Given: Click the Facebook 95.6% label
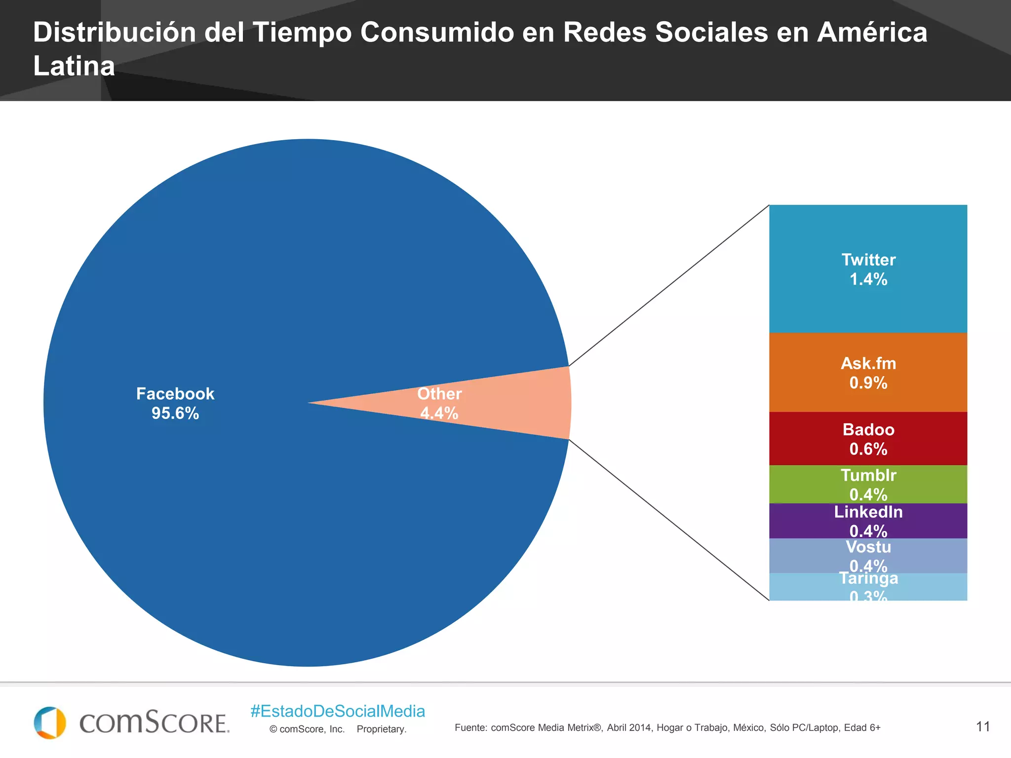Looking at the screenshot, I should click(175, 403).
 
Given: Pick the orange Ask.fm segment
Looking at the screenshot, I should click(868, 373).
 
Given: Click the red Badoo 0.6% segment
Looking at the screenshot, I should click(868, 439).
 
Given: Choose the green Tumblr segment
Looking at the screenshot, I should click(868, 484).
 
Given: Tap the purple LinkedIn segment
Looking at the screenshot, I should click(868, 521).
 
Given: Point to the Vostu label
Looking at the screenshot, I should click(868, 547).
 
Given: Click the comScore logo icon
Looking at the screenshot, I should click(50, 722).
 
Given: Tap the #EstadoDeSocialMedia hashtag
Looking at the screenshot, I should click(338, 711).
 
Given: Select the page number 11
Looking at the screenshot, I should click(983, 726).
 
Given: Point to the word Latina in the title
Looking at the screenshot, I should click(74, 66).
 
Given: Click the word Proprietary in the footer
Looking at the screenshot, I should click(382, 729).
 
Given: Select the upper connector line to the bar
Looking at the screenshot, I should click(669, 285).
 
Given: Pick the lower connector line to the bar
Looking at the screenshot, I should click(669, 520).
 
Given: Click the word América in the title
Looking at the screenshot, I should click(872, 33).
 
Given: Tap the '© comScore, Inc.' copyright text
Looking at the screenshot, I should click(307, 729).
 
